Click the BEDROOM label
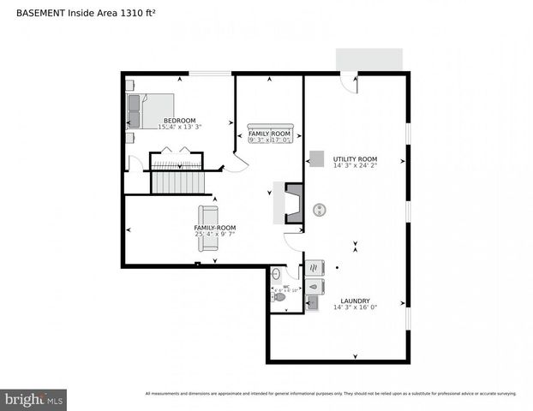[179, 121]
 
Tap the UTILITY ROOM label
[355, 159]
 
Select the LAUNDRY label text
[355, 301]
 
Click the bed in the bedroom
[150, 110]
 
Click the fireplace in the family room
[293, 204]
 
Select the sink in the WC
[275, 274]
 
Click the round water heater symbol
[320, 208]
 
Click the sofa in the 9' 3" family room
[270, 128]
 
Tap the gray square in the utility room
[317, 159]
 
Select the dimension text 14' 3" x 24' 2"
[355, 167]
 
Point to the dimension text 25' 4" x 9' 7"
[214, 234]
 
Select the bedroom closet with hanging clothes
[176, 158]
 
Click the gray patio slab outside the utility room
[368, 60]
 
